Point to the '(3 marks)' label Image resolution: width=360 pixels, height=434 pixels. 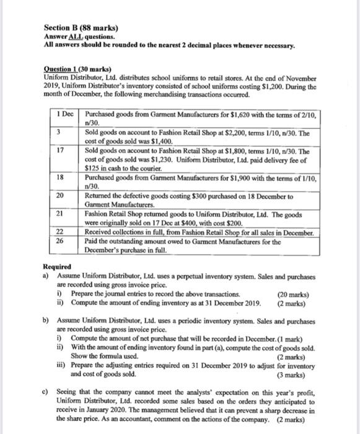pos(299,374)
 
